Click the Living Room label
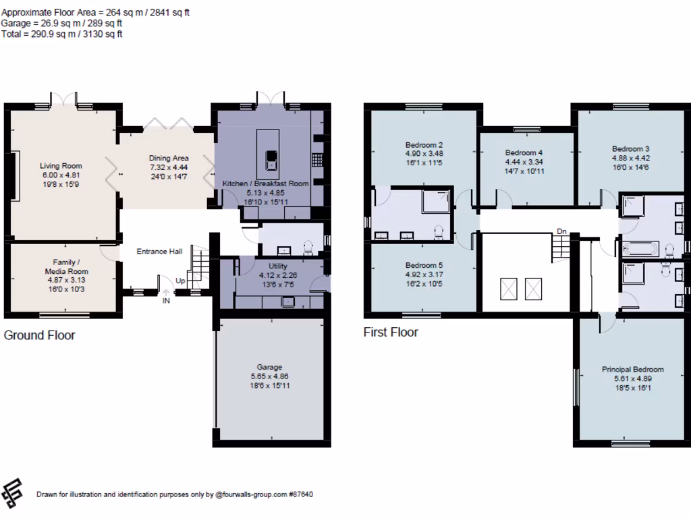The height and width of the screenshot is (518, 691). tap(60, 165)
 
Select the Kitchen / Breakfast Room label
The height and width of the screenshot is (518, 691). tap(265, 183)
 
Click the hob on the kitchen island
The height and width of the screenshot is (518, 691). tap(271, 160)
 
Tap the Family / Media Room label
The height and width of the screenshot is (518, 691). tap(67, 266)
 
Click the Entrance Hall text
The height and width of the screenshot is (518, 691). tap(159, 252)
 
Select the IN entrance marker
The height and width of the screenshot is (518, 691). tap(166, 301)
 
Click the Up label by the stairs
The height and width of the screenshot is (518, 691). tap(180, 280)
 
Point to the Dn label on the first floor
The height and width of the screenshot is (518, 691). tap(561, 232)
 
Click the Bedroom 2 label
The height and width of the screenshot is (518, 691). tap(424, 144)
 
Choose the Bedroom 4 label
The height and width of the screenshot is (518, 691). tap(524, 153)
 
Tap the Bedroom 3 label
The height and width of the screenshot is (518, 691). tap(630, 149)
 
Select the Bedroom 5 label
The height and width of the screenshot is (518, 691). tap(424, 266)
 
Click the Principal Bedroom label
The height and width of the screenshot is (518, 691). tap(632, 369)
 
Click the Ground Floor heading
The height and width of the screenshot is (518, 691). tap(40, 335)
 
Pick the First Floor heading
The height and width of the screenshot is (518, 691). tap(391, 332)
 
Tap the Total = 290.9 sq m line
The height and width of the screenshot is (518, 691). tap(61, 34)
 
